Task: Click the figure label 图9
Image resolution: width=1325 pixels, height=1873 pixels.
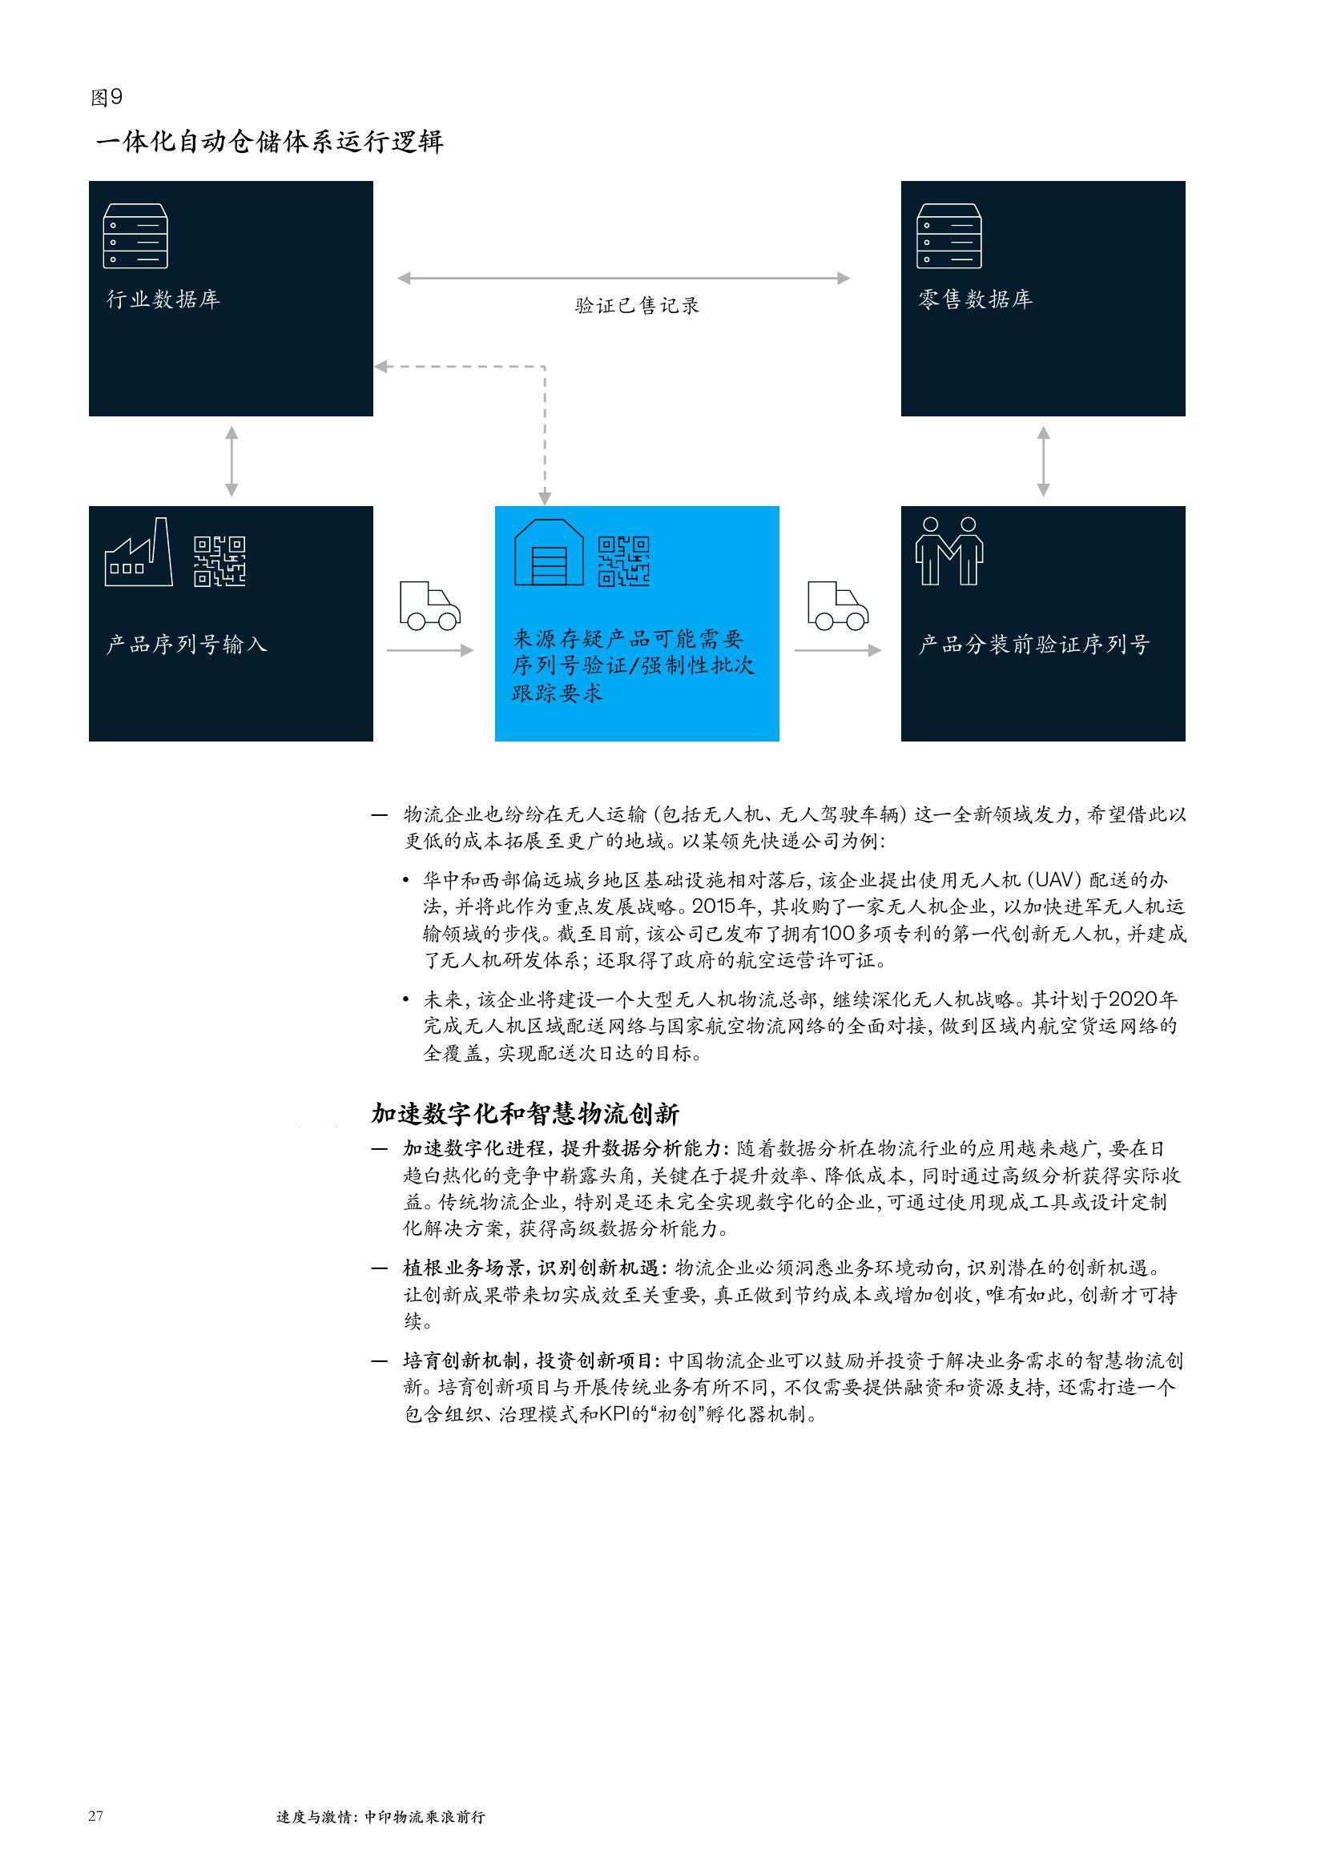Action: [x=106, y=98]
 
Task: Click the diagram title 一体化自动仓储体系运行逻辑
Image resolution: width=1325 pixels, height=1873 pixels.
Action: [x=269, y=142]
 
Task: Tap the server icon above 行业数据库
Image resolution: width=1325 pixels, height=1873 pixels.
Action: [x=135, y=235]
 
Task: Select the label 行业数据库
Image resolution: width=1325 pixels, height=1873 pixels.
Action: [x=163, y=299]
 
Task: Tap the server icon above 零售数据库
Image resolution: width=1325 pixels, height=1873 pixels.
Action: [x=948, y=235]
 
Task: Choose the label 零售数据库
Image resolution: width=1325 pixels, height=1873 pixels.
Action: [x=976, y=299]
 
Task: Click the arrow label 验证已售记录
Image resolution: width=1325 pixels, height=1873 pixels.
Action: [x=637, y=306]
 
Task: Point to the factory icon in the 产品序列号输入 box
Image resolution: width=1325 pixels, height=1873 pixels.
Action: [x=139, y=552]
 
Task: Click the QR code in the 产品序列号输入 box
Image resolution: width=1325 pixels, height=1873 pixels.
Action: [x=219, y=561]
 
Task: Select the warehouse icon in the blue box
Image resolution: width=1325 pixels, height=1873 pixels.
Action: [x=549, y=553]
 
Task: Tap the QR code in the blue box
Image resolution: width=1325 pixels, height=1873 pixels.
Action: [x=624, y=561]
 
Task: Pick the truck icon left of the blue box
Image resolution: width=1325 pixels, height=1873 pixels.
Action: [x=430, y=605]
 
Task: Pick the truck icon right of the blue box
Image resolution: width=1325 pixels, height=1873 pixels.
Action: [x=838, y=605]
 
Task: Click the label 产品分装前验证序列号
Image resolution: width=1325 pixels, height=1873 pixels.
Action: [x=1034, y=645]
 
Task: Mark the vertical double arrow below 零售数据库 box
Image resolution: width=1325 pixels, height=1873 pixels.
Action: [x=1043, y=461]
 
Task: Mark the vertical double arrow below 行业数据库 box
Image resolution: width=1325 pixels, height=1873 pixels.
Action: [x=232, y=461]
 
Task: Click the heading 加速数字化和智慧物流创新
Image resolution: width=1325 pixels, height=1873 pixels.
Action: [x=526, y=1114]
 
